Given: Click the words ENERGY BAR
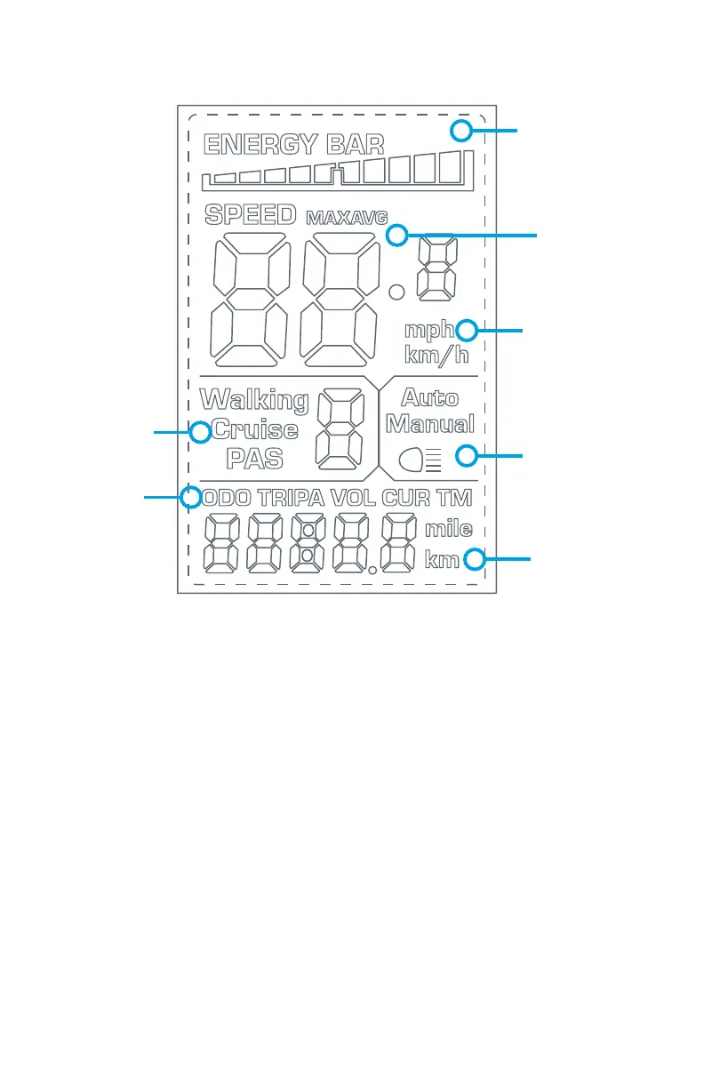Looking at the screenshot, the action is [x=294, y=144].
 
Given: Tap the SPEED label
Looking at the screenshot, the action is [x=250, y=214].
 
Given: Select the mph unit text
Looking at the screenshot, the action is [x=429, y=331].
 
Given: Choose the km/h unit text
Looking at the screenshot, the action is [x=436, y=356].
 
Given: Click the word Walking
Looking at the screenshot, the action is [x=254, y=400].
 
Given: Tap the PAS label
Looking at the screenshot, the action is [x=254, y=459].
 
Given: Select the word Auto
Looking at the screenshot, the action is [x=430, y=397].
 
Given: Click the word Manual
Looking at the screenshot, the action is [x=430, y=423].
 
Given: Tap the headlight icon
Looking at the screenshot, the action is [x=420, y=459].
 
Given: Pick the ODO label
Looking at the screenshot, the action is [x=228, y=498].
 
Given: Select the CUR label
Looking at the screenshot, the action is [x=406, y=498].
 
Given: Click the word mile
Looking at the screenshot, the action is [x=448, y=531].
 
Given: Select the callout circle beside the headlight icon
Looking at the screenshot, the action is [x=466, y=457].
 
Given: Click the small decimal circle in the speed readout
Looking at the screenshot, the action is [x=397, y=291].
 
